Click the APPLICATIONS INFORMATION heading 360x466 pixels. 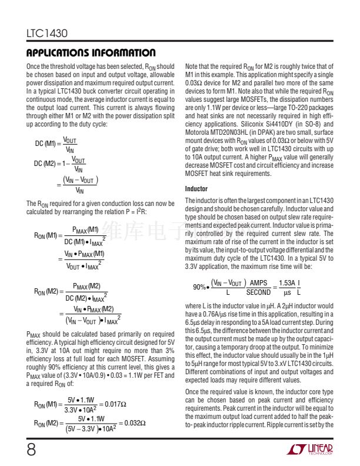[x=91, y=53]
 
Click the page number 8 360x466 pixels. [x=31, y=450]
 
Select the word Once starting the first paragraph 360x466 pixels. [x=34, y=67]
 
